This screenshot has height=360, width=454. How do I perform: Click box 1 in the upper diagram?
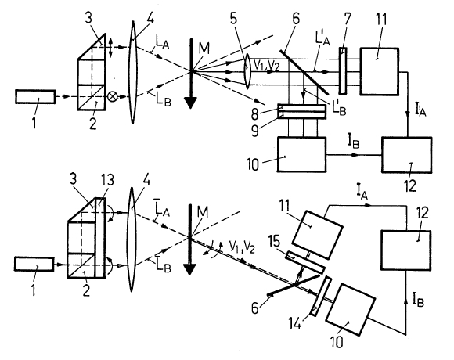tap(35, 97)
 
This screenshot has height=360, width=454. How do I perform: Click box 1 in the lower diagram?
tap(34, 264)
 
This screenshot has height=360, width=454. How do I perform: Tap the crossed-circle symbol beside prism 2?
tap(112, 96)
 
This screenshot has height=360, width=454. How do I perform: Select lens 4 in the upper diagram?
tap(133, 72)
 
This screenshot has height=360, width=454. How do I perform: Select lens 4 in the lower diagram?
tap(132, 239)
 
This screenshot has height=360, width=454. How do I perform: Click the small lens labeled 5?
tap(247, 71)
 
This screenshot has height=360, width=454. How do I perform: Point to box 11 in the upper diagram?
tap(380, 71)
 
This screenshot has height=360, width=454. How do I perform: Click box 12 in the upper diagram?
tap(406, 155)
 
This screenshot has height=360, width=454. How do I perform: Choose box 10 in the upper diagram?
tap(301, 154)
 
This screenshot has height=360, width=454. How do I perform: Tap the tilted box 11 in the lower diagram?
tap(317, 235)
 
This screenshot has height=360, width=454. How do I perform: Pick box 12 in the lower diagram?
tap(406, 250)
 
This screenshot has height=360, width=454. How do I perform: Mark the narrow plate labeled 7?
tap(343, 71)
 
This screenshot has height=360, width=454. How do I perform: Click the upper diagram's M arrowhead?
tap(190, 103)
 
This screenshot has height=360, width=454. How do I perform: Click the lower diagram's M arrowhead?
tap(189, 269)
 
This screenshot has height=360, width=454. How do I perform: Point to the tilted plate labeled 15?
tap(304, 262)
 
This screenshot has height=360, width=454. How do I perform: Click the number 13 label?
tap(106, 180)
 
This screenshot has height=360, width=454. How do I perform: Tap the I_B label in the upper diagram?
tap(353, 142)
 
